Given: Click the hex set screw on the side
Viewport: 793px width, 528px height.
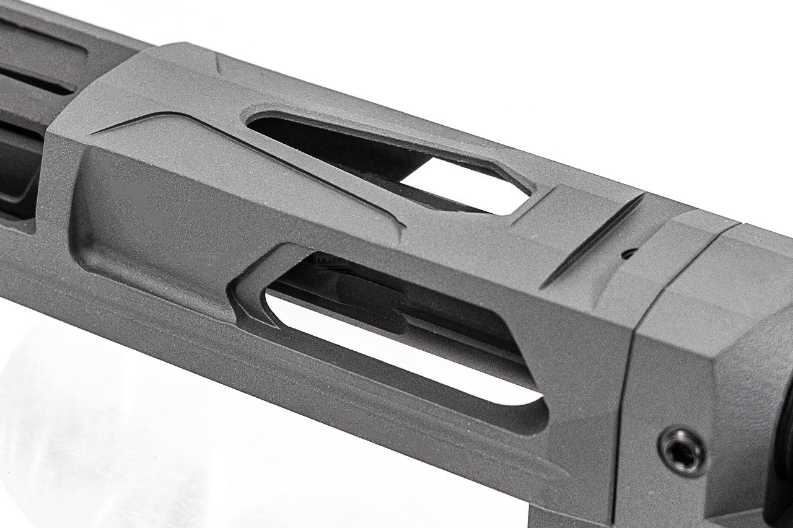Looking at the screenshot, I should tap(682, 450).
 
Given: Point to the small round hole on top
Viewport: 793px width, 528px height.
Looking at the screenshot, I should tap(628, 253).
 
